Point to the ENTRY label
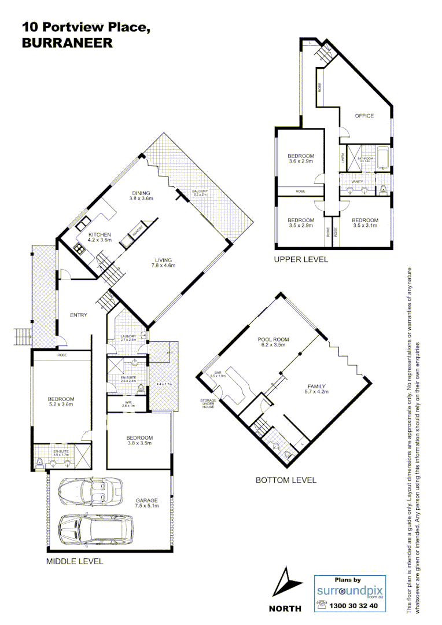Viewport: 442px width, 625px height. (x=78, y=315)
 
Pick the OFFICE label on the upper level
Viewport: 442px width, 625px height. (x=364, y=116)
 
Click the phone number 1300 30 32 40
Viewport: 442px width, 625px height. (x=353, y=606)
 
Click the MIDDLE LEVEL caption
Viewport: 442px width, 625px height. (x=74, y=561)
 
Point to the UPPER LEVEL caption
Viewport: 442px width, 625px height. (x=301, y=259)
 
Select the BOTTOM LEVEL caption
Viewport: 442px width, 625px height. (x=286, y=480)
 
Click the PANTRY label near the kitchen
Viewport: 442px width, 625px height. (x=138, y=231)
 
